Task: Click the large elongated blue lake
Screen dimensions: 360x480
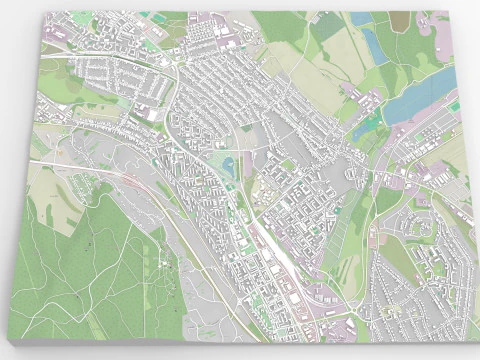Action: pyautogui.click(x=420, y=93)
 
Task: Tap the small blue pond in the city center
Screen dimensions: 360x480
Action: pyautogui.click(x=228, y=164)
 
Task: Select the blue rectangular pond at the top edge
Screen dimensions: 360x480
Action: pyautogui.click(x=362, y=18)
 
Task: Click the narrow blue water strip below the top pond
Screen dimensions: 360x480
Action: pyautogui.click(x=372, y=42)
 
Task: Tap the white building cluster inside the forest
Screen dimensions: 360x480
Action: pyautogui.click(x=160, y=262)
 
